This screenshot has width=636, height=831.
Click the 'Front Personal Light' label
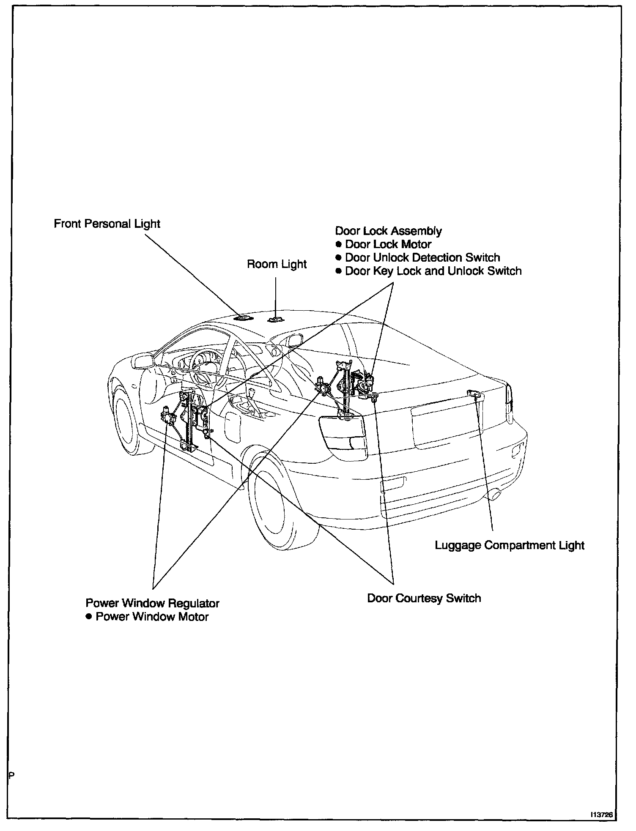click(x=107, y=224)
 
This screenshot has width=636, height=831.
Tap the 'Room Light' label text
click(x=277, y=265)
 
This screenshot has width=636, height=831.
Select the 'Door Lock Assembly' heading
click(x=388, y=231)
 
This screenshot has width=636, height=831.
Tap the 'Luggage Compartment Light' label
click(x=510, y=545)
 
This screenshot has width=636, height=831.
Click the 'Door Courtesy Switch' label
click(x=424, y=599)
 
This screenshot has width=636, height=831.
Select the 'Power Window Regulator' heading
click(x=152, y=603)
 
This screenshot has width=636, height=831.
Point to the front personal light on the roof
click(x=244, y=318)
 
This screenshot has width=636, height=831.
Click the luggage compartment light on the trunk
click(x=476, y=395)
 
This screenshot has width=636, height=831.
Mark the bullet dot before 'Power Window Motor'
click(x=89, y=617)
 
